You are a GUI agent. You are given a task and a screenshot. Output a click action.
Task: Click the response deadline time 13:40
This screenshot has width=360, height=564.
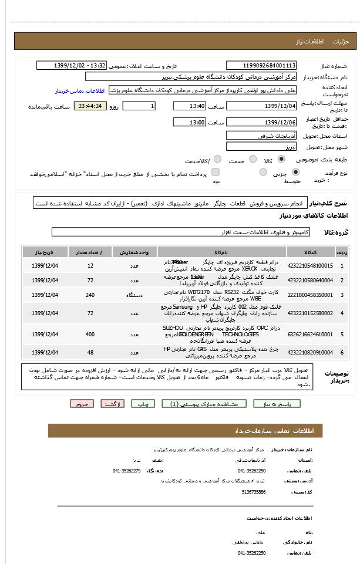[189, 106]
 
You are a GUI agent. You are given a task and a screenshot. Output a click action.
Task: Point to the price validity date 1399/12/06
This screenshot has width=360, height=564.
[261, 122]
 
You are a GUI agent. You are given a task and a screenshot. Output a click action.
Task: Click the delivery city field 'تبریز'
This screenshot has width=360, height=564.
[261, 147]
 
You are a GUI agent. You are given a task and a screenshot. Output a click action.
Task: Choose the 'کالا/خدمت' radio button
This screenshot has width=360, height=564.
[217, 160]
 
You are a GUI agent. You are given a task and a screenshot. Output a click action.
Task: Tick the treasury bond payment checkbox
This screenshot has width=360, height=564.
[216, 173]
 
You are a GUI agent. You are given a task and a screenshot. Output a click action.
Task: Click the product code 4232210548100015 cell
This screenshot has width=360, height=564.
[310, 265]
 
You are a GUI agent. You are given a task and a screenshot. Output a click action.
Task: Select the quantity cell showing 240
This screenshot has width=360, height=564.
[90, 295]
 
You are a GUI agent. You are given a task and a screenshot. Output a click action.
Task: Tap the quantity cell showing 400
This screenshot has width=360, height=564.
[90, 334]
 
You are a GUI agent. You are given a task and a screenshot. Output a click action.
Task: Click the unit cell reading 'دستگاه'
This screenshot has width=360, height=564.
[139, 295]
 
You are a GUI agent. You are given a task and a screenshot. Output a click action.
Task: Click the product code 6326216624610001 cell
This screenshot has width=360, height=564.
[310, 334]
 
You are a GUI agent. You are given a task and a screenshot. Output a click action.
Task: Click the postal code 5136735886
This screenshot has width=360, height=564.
[254, 492]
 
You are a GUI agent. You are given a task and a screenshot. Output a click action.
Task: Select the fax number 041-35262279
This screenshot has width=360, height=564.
[127, 471]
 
